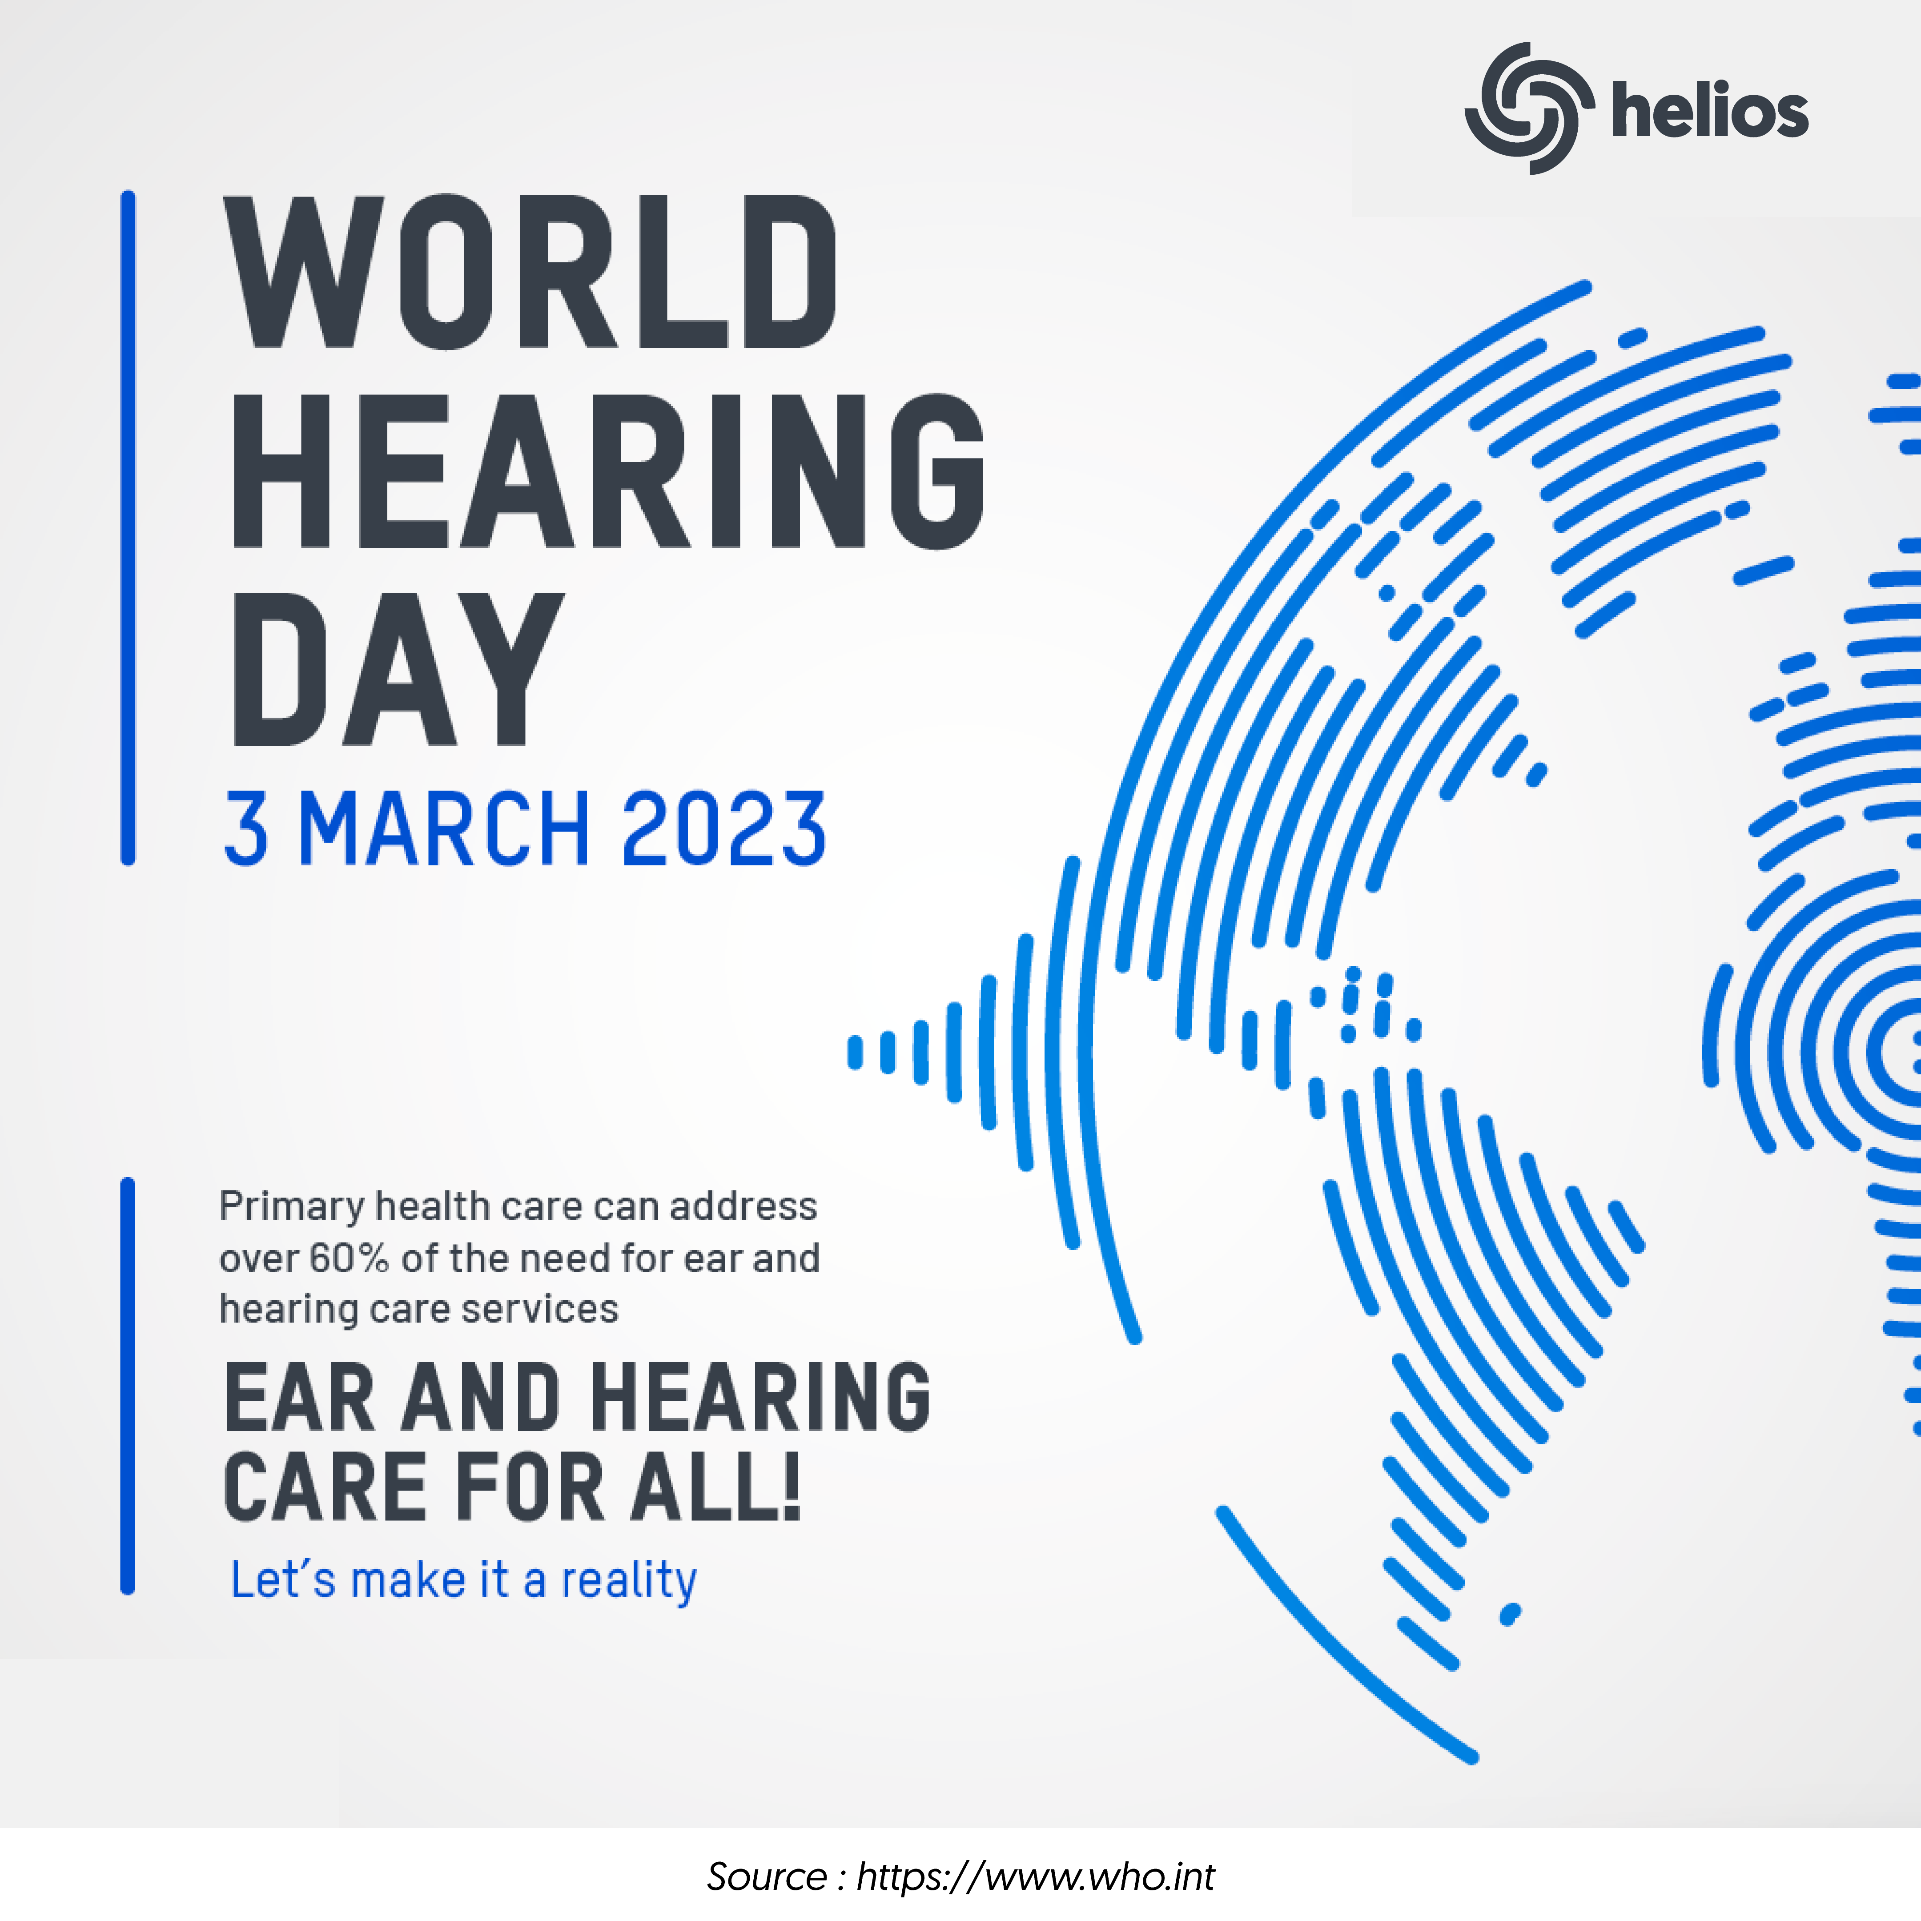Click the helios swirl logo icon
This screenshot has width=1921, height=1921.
click(1522, 109)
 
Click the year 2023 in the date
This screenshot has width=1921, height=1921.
click(724, 828)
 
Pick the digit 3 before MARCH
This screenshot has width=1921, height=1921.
click(245, 828)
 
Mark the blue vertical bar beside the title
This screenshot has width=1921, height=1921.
click(127, 528)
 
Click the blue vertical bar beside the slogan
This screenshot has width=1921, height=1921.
click(127, 1386)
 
